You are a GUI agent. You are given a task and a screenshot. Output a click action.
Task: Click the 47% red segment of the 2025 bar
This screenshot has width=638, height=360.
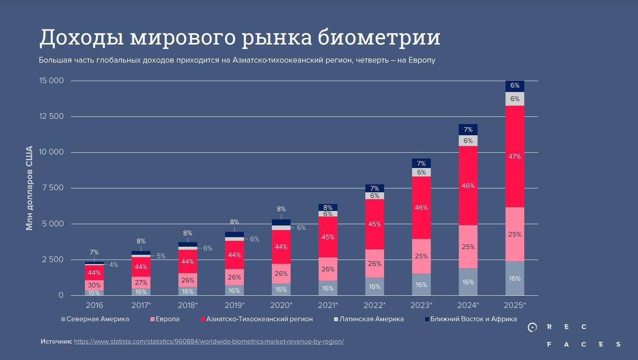coord(515,157)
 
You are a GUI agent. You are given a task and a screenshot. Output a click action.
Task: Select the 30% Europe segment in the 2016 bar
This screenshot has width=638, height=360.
coord(94,285)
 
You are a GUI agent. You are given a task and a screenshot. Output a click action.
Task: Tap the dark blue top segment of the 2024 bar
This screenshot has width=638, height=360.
coord(468,130)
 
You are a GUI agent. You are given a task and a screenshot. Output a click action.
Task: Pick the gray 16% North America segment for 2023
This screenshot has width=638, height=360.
coord(421,285)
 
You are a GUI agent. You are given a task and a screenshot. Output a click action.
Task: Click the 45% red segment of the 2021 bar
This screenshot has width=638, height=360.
coord(327,237)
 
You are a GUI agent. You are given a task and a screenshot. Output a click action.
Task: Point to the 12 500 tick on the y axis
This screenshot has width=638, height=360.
coord(52,116)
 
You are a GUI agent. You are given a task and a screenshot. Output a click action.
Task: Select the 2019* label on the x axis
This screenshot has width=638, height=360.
coord(234,305)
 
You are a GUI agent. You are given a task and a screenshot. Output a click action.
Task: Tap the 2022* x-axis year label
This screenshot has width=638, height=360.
coord(375,305)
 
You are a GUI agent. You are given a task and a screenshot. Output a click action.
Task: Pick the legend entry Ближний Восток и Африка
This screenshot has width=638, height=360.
coord(473,319)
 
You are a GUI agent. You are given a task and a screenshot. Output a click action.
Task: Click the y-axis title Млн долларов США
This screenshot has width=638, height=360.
coord(29,188)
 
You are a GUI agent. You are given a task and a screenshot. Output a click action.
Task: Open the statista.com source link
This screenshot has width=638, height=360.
coord(209,342)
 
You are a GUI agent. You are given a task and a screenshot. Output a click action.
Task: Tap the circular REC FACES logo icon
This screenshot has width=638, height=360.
coord(532,328)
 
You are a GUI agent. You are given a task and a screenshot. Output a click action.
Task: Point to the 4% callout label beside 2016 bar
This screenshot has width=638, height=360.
coord(114,265)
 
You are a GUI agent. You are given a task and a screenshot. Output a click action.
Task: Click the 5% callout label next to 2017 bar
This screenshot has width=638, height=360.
coord(161,256)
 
